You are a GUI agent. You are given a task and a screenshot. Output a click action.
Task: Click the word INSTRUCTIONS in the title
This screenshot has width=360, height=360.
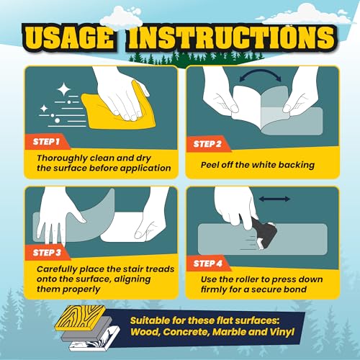point(231,37)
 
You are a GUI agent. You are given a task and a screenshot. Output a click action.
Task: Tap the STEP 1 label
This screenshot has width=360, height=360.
point(46,142)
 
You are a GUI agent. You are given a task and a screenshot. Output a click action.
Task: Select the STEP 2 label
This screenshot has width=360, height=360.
point(207,144)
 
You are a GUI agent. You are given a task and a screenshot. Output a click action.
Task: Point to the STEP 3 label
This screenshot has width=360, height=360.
point(47,253)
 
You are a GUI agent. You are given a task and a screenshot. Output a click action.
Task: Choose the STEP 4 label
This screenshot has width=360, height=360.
point(208,264)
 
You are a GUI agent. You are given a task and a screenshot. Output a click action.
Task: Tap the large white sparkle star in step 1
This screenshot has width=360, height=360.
point(64,89)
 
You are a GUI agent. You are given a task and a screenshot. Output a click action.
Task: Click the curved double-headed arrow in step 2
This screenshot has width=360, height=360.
point(260,72)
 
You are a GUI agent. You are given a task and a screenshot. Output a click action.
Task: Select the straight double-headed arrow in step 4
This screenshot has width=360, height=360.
point(274,199)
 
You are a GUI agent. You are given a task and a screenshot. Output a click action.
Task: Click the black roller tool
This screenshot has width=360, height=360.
point(264,233)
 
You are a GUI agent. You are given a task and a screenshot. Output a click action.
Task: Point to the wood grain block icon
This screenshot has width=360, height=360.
point(81,318)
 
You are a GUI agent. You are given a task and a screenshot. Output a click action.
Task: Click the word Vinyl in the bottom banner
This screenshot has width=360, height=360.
point(282,333)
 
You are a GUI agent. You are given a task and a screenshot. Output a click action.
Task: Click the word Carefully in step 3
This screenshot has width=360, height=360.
point(57,270)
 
